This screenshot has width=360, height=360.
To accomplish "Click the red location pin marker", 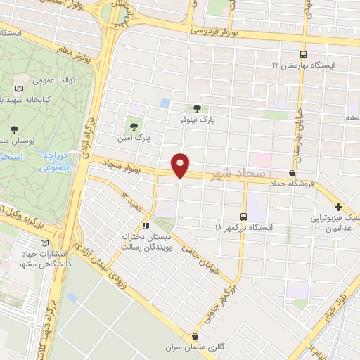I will pyautogui.click(x=181, y=165).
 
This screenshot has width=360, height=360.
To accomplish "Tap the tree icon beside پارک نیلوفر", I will pyautogui.click(x=196, y=108).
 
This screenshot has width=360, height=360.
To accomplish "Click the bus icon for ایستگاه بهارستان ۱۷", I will pyautogui.click(x=303, y=54).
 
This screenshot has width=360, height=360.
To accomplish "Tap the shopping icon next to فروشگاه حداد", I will pyautogui.click(x=292, y=173).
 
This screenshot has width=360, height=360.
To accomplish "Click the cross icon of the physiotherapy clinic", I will pyautogui.click(x=339, y=207).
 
